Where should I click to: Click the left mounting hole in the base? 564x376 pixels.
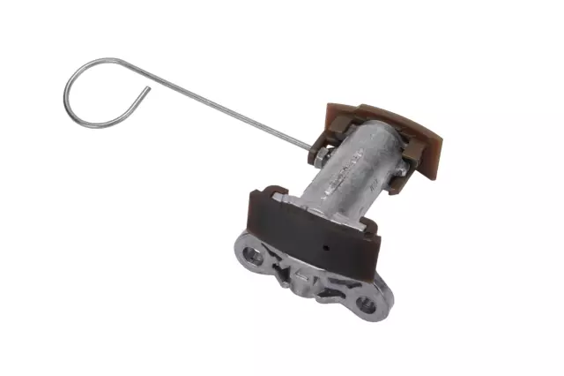click(254, 256)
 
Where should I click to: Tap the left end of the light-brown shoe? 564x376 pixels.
click(335, 110)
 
